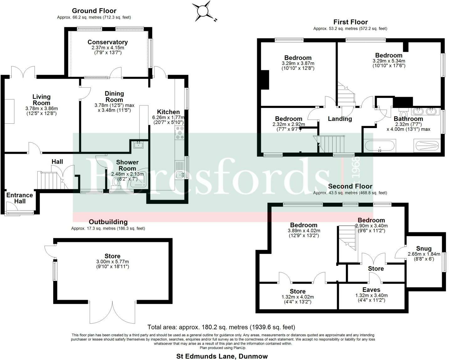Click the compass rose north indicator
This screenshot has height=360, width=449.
coord(203,11)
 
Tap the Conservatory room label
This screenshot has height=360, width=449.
coord(108,42)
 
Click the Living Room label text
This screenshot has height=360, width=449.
coord(41,100)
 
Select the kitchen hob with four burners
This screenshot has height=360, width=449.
coord(180,132)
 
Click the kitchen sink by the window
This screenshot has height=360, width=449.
coord(180,174)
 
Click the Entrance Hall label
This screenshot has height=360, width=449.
coord(19,198)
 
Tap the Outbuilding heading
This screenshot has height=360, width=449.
coord(108,222)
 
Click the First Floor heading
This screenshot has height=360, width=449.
coord(350,22)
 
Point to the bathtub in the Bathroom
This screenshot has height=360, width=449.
coord(380,146)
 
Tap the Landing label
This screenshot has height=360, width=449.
coord(340,119)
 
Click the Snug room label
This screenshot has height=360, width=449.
coord(424,249)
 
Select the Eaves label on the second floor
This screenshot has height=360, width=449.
coord(371,290)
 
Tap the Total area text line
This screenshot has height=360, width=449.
coord(221,327)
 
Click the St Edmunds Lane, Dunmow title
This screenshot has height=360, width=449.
coord(222,356)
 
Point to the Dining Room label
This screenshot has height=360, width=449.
coord(114,97)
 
